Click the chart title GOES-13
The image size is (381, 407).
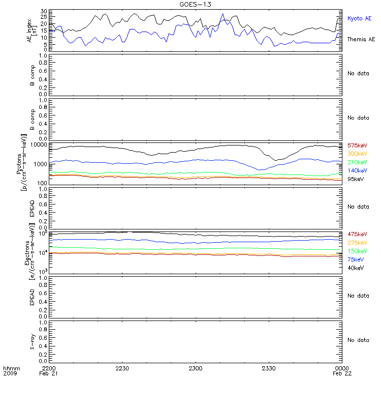pos(196,4)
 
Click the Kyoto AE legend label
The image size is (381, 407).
pos(360,18)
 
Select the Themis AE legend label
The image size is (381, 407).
pos(361,39)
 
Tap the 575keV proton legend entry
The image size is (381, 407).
pos(357,146)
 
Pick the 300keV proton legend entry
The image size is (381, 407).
pos(357,154)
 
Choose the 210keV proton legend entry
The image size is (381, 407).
pos(357,162)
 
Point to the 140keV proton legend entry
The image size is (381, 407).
pos(357,170)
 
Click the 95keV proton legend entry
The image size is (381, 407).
pos(356,179)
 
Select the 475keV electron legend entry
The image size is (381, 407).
pos(357,234)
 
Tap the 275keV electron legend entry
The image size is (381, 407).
pos(357,243)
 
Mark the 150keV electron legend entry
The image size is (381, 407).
pos(357,251)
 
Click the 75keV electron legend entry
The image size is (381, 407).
pos(356,259)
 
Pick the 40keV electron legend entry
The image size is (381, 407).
pos(356,268)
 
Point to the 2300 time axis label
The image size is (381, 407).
pos(196,368)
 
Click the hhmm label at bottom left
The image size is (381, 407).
pos(11,368)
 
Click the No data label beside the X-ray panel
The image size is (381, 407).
pos(358,340)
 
